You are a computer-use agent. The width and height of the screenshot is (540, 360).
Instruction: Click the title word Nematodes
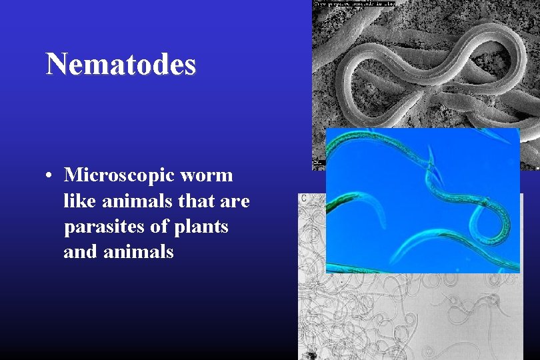pos(121,65)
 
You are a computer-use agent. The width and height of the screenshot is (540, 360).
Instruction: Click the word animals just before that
pos(130,201)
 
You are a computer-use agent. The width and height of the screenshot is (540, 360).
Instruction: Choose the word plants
pos(201,227)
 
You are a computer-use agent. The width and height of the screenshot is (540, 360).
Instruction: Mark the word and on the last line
pos(78,252)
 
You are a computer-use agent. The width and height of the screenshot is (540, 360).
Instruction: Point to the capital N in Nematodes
pos(55,65)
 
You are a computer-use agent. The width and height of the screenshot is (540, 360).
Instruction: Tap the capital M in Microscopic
pos(73,175)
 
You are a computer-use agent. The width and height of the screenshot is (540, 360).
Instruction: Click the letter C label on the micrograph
pos(304,198)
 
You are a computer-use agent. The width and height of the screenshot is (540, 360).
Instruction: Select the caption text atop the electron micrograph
pos(353,3)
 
